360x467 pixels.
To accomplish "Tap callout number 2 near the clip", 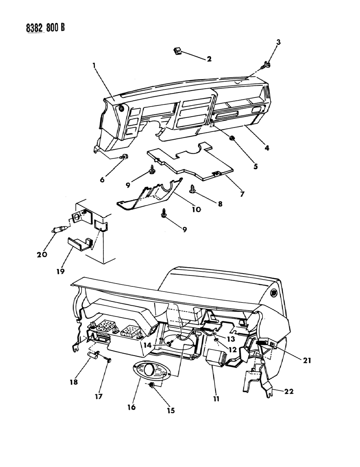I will click(209, 59).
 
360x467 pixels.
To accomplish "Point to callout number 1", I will click(94, 66).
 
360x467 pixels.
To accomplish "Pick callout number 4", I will click(267, 148).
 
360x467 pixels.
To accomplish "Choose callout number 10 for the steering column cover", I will click(196, 209).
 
